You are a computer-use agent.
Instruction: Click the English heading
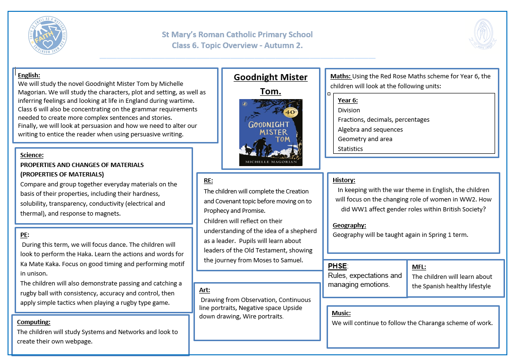[29, 75]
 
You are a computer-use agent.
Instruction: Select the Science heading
[32, 155]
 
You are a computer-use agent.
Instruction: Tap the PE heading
[25, 234]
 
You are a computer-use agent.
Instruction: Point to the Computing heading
[34, 322]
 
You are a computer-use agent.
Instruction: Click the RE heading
[208, 180]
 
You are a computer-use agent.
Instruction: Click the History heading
[344, 180]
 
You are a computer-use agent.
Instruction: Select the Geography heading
[349, 225]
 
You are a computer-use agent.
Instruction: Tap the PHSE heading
[337, 266]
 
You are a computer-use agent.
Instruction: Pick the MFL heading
[419, 267]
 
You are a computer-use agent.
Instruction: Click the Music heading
[341, 313]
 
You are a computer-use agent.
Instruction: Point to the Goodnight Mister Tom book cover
[270, 133]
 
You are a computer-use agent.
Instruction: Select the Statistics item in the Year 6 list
[350, 149]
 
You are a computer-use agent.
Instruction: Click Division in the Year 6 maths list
[349, 110]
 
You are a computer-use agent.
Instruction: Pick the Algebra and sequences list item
[370, 129]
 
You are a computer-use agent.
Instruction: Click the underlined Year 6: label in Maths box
[347, 100]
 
